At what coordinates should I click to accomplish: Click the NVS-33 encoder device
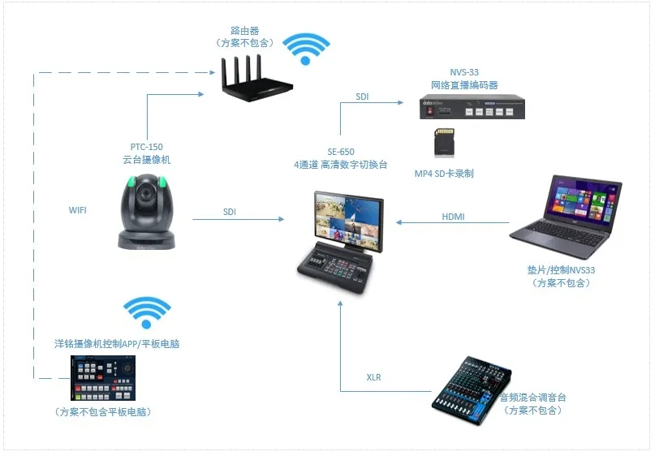(x=472, y=108)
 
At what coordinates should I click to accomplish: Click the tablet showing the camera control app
(x=104, y=379)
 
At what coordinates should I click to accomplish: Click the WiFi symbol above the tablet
(x=146, y=313)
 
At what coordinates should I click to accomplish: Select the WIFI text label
(x=78, y=210)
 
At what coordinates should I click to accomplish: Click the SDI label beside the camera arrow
(x=231, y=213)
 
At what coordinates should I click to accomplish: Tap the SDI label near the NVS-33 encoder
(x=361, y=97)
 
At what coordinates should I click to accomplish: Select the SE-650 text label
(x=341, y=152)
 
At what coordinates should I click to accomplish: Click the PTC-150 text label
(x=146, y=147)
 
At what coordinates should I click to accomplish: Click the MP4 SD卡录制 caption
(x=444, y=174)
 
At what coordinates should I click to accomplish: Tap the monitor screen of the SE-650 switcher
(x=348, y=214)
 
